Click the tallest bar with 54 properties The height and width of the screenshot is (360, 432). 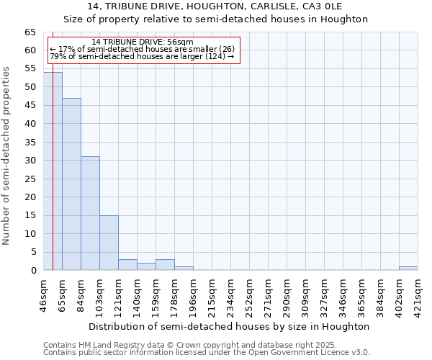[53, 171]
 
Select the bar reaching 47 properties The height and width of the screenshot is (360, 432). [71, 184]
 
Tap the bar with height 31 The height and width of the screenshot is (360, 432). [90, 213]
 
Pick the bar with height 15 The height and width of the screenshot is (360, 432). [109, 243]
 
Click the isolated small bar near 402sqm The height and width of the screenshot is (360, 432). [408, 268]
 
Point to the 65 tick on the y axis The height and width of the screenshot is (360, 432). [31, 32]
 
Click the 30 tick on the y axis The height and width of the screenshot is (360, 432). [31, 161]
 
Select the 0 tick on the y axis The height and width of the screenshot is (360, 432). [34, 271]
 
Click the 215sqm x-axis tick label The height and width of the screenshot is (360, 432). [212, 294]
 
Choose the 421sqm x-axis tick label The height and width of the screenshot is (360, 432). [418, 294]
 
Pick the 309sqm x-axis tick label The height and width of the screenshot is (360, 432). [306, 294]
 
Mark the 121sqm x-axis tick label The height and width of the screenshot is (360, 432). [119, 294]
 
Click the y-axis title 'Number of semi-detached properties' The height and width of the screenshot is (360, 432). [7, 156]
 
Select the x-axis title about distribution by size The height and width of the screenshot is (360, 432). [230, 326]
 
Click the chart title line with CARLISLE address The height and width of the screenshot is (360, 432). [215, 6]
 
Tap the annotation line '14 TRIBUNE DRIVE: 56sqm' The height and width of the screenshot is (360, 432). [143, 42]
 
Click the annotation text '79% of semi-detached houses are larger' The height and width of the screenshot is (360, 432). [143, 56]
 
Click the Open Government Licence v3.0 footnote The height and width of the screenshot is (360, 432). [207, 353]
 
